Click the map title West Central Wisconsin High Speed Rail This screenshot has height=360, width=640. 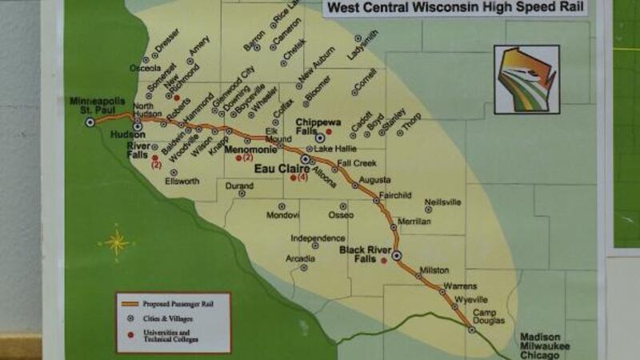[453, 9]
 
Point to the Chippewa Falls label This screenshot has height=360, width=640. [318, 126]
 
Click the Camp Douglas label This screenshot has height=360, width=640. [490, 316]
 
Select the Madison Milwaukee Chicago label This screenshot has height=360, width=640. [546, 344]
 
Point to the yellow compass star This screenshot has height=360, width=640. [117, 242]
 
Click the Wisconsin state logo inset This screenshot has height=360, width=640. [526, 78]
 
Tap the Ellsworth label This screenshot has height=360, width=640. [182, 181]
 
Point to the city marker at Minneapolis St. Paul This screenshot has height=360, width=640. [90, 122]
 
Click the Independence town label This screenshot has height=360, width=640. [317, 238]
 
